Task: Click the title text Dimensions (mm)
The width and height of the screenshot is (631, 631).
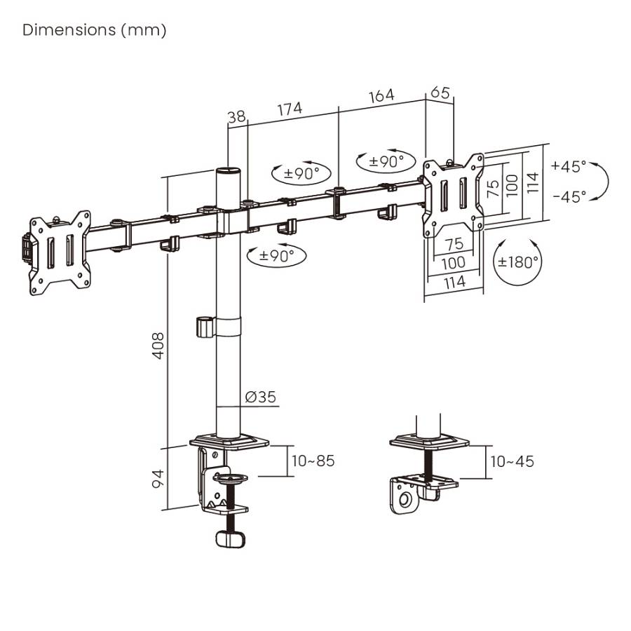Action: [x=95, y=30]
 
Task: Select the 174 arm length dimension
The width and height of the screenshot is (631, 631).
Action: [x=290, y=109]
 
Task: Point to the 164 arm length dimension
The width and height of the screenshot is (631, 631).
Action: [x=381, y=95]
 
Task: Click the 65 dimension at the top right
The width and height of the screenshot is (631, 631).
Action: [x=440, y=92]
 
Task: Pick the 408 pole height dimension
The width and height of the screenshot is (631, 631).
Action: [x=158, y=345]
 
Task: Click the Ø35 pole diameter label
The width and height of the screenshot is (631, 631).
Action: [x=260, y=398]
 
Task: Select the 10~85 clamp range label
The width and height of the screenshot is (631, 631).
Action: [x=313, y=461]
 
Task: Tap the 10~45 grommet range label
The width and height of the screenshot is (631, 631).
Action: [x=512, y=461]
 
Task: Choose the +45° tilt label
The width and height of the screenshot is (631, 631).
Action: [x=568, y=167]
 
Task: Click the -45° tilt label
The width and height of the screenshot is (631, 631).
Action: [x=569, y=197]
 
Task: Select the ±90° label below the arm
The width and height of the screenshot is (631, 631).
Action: [x=278, y=256]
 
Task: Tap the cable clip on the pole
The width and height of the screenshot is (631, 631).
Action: [x=203, y=327]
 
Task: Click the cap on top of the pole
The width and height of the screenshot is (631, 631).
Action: [x=227, y=171]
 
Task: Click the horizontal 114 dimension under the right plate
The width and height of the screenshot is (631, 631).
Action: [x=455, y=282]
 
